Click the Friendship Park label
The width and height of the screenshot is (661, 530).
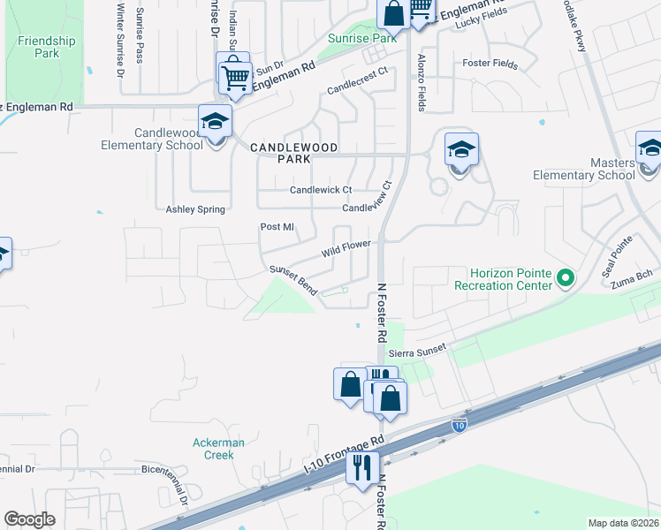click(46, 47)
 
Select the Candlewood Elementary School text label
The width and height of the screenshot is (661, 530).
click(145, 139)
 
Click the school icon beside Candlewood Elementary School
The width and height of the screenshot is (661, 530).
click(214, 123)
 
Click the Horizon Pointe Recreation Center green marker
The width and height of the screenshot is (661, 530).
click(564, 278)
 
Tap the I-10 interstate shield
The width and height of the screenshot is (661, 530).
click(459, 426)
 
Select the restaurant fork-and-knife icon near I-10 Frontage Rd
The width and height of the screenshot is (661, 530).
click(362, 467)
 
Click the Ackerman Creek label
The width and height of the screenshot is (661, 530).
click(213, 449)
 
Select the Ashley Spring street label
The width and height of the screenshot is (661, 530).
click(195, 209)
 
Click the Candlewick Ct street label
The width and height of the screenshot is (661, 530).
click(321, 190)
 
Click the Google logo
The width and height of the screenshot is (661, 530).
click(29, 519)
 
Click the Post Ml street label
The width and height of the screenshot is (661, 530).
click(277, 227)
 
